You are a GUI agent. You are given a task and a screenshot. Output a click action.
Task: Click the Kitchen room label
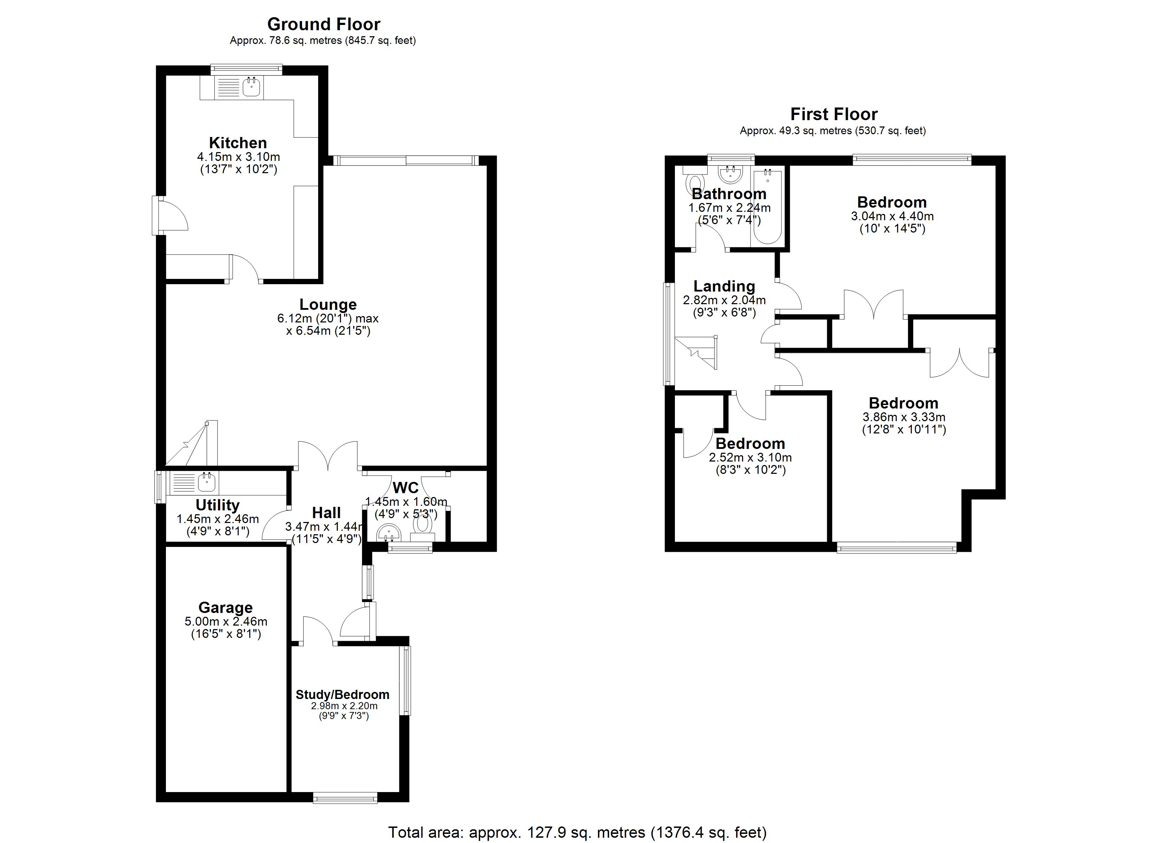point(238,143)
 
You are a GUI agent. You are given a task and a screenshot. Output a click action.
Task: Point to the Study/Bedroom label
point(342,695)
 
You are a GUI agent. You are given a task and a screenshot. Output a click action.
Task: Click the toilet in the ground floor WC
point(423,524)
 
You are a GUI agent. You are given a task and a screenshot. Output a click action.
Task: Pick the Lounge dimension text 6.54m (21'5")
point(328,331)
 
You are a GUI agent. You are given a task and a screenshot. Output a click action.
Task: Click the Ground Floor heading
point(324,24)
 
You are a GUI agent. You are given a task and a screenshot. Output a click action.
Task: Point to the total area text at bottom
point(578,832)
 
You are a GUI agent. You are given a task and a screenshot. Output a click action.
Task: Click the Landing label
point(724,286)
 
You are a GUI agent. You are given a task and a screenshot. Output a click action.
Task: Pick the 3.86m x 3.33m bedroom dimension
point(904,417)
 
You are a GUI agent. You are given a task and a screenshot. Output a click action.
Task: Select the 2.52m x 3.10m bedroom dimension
point(750,458)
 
